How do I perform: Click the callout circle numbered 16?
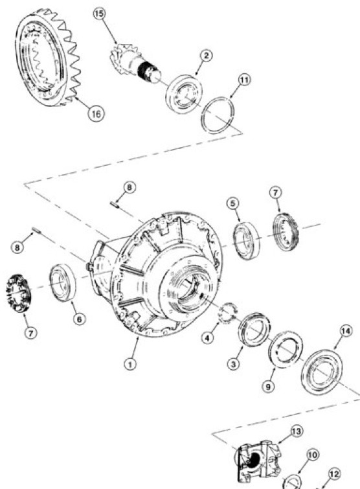(95, 113)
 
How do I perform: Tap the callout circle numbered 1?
(130, 364)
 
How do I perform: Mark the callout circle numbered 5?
(233, 203)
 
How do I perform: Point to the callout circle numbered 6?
(78, 320)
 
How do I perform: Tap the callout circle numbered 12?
(335, 473)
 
